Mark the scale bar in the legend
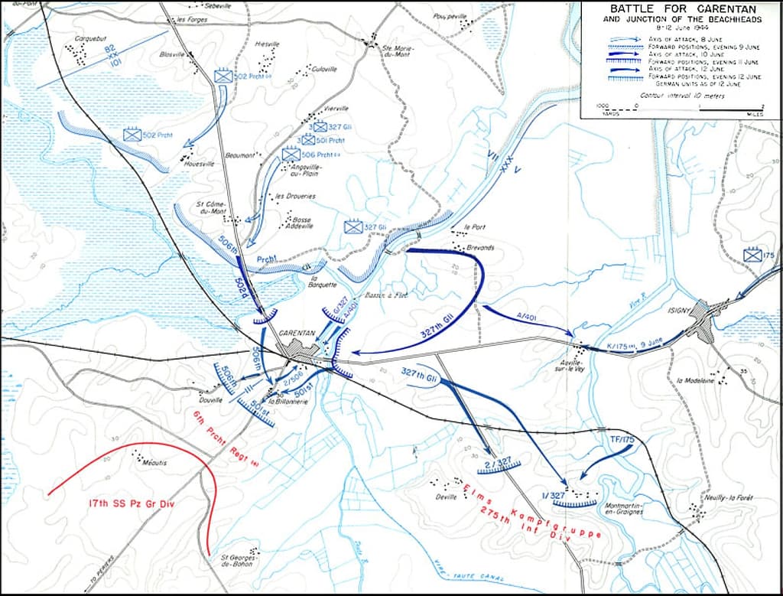681,113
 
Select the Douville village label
210,399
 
